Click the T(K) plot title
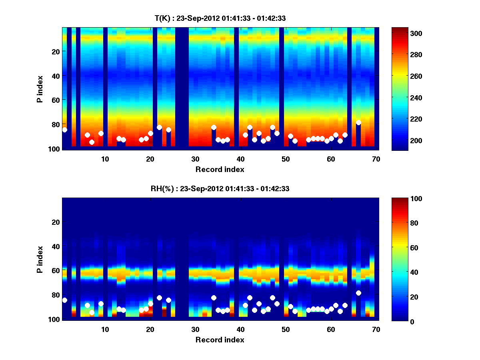point(220,18)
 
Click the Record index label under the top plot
point(220,169)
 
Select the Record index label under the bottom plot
point(220,340)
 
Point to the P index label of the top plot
point(40,88)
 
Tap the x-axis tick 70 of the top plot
point(376,159)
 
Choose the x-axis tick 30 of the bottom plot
point(195,329)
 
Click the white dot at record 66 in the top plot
point(358,123)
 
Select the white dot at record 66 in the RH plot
point(358,293)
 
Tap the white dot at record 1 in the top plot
point(65,130)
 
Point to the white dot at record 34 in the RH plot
point(214,298)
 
